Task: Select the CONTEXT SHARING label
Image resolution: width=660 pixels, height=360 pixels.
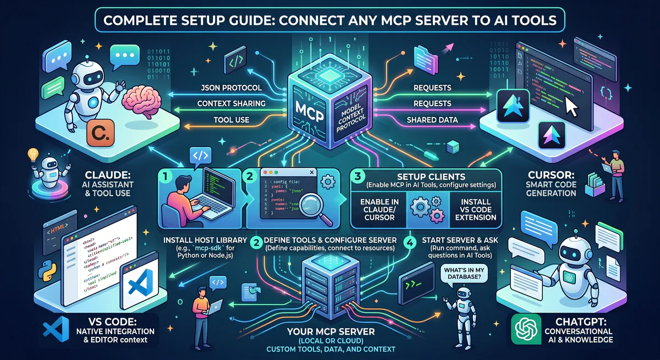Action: [231, 103]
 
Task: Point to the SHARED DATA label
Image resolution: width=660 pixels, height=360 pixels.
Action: [432, 120]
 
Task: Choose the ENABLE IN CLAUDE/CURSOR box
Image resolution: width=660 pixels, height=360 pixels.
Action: [379, 209]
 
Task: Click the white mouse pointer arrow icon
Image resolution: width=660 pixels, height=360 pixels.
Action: [572, 107]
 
